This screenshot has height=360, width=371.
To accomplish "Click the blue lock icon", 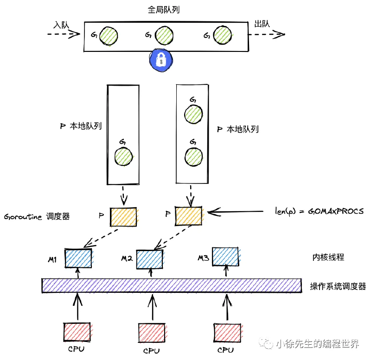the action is coord(161,60).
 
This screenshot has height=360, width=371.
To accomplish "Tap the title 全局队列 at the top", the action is coord(164,10).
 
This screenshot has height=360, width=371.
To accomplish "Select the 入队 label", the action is coord(61,25).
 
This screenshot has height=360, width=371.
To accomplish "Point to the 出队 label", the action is coord(262,24).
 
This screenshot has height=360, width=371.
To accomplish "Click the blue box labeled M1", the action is coord(78,259).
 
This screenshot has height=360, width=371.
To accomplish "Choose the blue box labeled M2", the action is coord(149,259).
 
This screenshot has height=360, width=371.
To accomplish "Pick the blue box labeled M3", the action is coord(225,257).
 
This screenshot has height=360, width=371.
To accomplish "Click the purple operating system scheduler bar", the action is coord(172,286).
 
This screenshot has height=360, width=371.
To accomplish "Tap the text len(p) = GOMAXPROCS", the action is coord(319,211).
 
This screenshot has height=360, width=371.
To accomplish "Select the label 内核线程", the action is coord(328,257).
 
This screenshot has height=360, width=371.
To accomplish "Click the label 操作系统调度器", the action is coord(338,286).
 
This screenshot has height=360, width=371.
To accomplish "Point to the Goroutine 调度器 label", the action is coord(37,216).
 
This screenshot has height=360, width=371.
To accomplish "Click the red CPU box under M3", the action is coord(227,333).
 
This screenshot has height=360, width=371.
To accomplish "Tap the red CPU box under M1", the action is coord(77,332).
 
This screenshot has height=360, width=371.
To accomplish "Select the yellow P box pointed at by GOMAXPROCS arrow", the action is coord(189,216).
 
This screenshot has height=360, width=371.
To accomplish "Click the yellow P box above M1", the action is coord(123,217).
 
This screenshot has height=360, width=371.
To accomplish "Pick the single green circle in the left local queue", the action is coord(123,157).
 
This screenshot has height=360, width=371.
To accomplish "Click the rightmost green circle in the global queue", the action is coord(223,35).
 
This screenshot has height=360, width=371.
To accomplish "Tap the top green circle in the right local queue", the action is coord(193,114).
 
